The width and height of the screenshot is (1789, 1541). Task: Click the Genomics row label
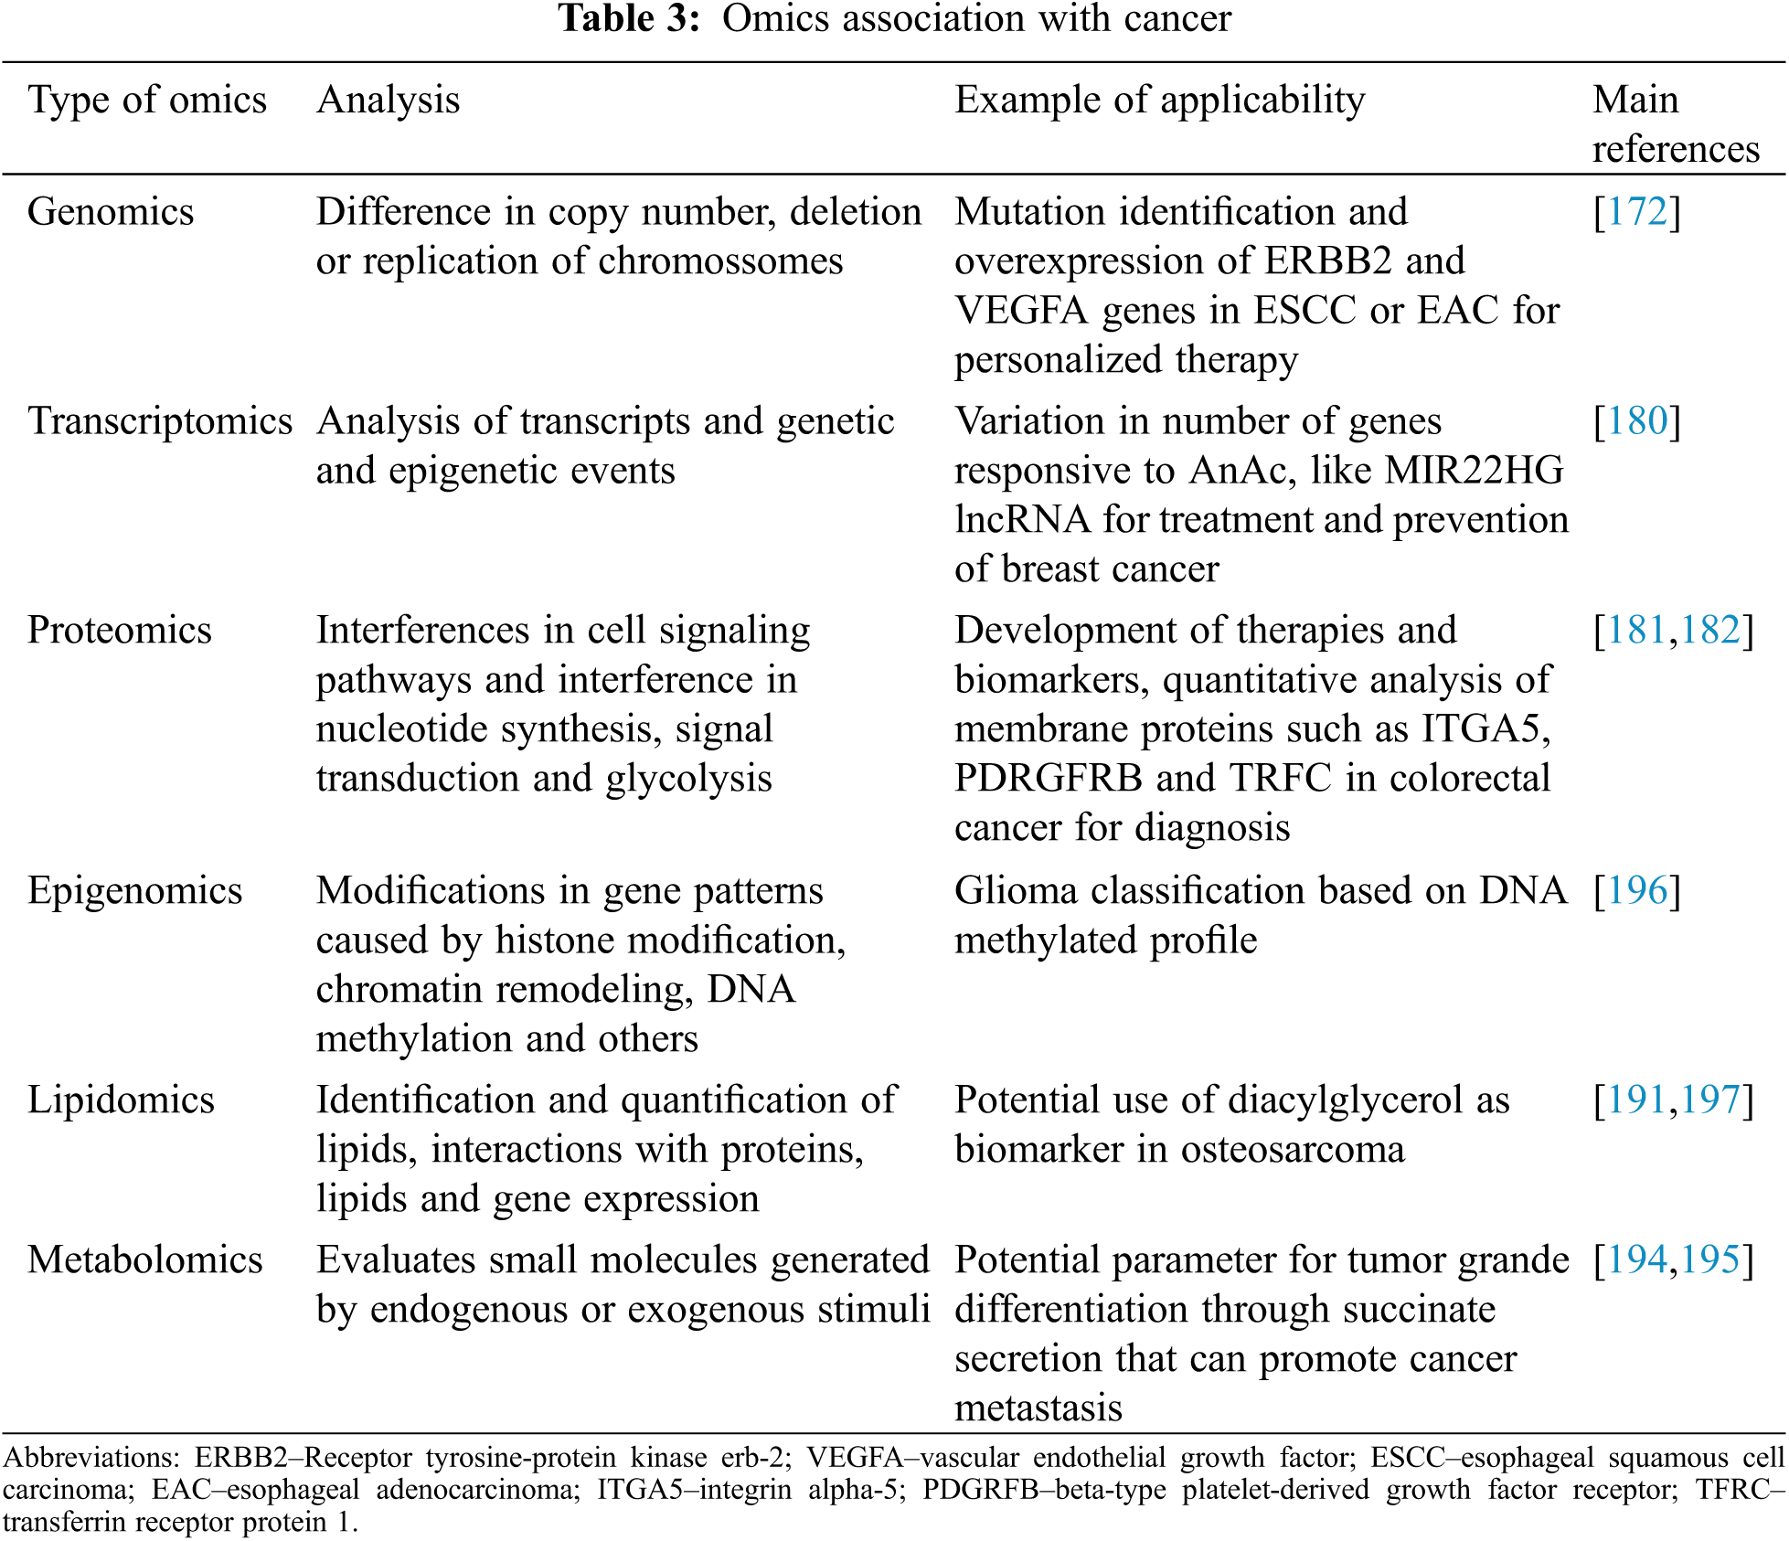tap(111, 212)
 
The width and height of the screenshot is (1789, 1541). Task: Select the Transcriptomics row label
tap(160, 421)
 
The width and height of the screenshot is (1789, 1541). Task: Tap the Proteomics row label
tap(120, 631)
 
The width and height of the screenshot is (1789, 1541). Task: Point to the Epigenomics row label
tap(135, 891)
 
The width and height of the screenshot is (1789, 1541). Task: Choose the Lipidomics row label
tap(121, 1100)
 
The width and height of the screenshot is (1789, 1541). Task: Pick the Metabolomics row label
tap(145, 1260)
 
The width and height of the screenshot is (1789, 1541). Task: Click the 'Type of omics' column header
tap(147, 101)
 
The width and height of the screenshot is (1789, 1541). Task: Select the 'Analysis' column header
tap(388, 101)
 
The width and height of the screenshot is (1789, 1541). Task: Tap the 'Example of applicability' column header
tap(1159, 101)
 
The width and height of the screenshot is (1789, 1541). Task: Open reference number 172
tap(1637, 212)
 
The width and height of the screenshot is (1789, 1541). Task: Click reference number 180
tap(1637, 421)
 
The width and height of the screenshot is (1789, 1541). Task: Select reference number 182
tap(1709, 631)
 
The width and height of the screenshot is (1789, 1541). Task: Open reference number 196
tap(1637, 891)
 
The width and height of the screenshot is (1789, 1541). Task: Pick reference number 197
tap(1709, 1100)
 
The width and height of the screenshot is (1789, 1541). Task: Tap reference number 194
tap(1637, 1260)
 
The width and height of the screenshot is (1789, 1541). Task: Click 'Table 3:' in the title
tap(629, 18)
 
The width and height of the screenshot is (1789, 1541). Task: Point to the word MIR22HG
tap(1474, 471)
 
